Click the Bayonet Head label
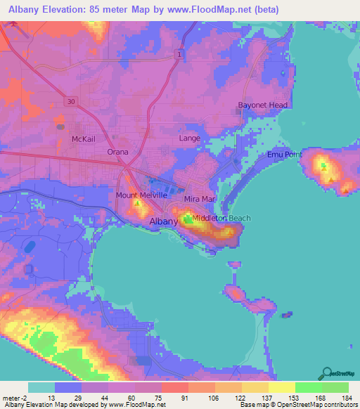point(262,105)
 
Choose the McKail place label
point(84,139)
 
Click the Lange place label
point(190,138)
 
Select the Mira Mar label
point(198,199)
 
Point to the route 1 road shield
point(180,54)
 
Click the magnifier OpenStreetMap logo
point(327,373)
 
